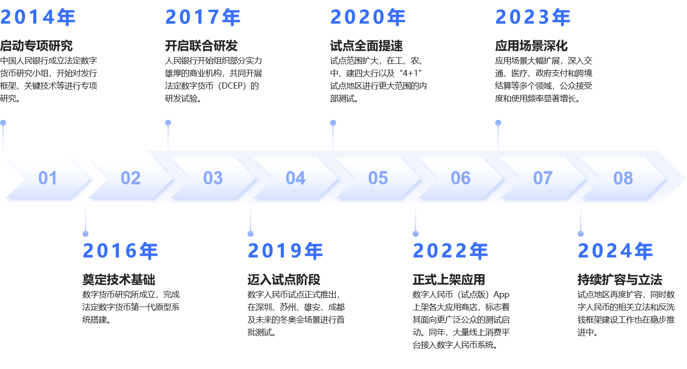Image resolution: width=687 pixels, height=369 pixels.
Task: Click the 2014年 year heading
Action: (38, 17)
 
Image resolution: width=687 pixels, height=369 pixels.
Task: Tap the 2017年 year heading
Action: (203, 17)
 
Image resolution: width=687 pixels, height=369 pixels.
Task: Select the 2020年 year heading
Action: (368, 17)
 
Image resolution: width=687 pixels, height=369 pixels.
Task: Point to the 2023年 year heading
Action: (533, 17)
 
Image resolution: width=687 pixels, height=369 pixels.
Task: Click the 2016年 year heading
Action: (120, 251)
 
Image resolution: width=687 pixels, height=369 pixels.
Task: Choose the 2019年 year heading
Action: (285, 251)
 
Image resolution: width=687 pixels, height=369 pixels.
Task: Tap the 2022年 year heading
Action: (450, 251)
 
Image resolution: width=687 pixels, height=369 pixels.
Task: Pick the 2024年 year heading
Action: (615, 251)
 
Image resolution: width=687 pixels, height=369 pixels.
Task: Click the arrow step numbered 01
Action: (47, 178)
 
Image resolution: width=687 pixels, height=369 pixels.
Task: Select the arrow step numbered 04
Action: (296, 178)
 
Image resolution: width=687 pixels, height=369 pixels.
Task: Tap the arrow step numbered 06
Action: (460, 178)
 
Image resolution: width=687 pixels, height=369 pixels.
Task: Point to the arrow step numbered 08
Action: (623, 178)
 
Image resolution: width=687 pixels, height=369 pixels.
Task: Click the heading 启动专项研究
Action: (36, 46)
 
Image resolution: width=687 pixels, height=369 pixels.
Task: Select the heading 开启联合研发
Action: (202, 46)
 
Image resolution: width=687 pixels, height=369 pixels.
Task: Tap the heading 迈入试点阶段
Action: (284, 279)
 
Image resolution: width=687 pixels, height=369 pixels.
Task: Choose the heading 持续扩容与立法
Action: (620, 279)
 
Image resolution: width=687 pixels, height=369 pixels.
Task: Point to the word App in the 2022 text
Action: (501, 294)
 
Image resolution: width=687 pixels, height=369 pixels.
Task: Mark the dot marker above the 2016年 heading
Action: (86, 234)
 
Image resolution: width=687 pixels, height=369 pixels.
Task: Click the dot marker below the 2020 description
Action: (333, 123)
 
